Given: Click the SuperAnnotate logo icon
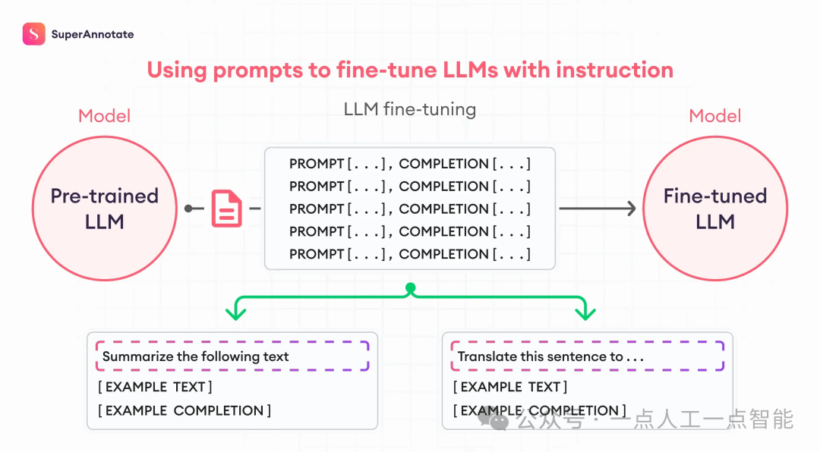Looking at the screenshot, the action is (34, 34).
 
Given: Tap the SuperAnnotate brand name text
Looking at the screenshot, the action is (93, 34).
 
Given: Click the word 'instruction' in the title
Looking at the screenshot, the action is (614, 70).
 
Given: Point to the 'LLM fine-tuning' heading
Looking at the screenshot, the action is (410, 109).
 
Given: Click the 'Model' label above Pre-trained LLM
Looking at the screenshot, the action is (104, 116).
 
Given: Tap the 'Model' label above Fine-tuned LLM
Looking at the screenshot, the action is (715, 116).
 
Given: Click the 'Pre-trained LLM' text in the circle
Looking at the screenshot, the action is (105, 209).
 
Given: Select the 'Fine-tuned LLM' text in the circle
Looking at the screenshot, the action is (715, 209).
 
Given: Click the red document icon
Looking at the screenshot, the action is (226, 209).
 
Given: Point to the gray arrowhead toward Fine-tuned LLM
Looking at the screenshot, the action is (632, 209).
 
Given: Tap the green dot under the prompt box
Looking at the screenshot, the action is (411, 288).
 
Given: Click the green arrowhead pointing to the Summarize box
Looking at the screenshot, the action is (236, 312).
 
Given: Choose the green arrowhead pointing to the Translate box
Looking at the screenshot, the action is (585, 312).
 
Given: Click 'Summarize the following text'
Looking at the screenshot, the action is (195, 356).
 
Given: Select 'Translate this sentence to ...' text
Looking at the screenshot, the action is (550, 356).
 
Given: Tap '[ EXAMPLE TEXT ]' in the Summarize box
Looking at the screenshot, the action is (155, 387).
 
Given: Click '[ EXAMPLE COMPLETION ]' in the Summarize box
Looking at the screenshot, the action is (184, 411).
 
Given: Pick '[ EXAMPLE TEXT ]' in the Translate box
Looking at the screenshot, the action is (510, 387).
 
